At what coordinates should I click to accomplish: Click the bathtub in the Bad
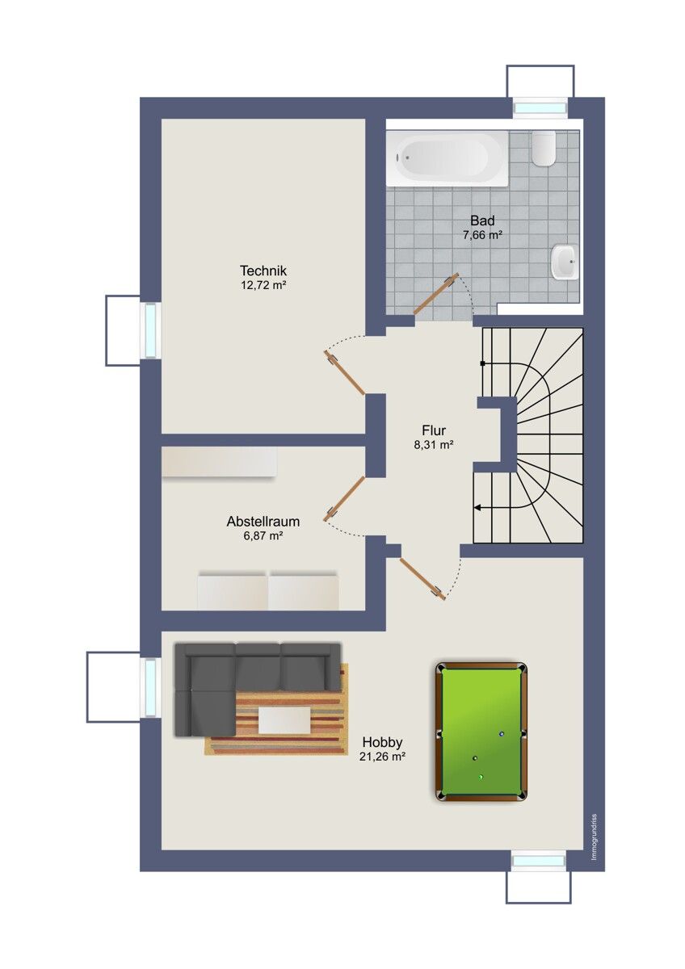448,157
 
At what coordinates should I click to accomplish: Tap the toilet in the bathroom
544,148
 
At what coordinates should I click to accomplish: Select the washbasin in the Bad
564,262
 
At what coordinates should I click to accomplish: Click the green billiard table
481,732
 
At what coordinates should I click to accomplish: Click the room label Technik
263,271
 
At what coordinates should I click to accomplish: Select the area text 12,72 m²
264,285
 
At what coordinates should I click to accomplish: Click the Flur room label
434,430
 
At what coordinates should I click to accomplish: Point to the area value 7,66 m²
483,235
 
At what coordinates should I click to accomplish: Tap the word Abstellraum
263,522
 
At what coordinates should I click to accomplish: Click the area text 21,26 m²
382,757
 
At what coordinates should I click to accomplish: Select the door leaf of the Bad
436,294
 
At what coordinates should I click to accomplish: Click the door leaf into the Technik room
346,373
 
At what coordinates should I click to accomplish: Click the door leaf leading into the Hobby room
422,577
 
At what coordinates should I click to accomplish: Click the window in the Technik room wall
150,330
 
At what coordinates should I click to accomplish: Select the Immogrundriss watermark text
593,836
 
